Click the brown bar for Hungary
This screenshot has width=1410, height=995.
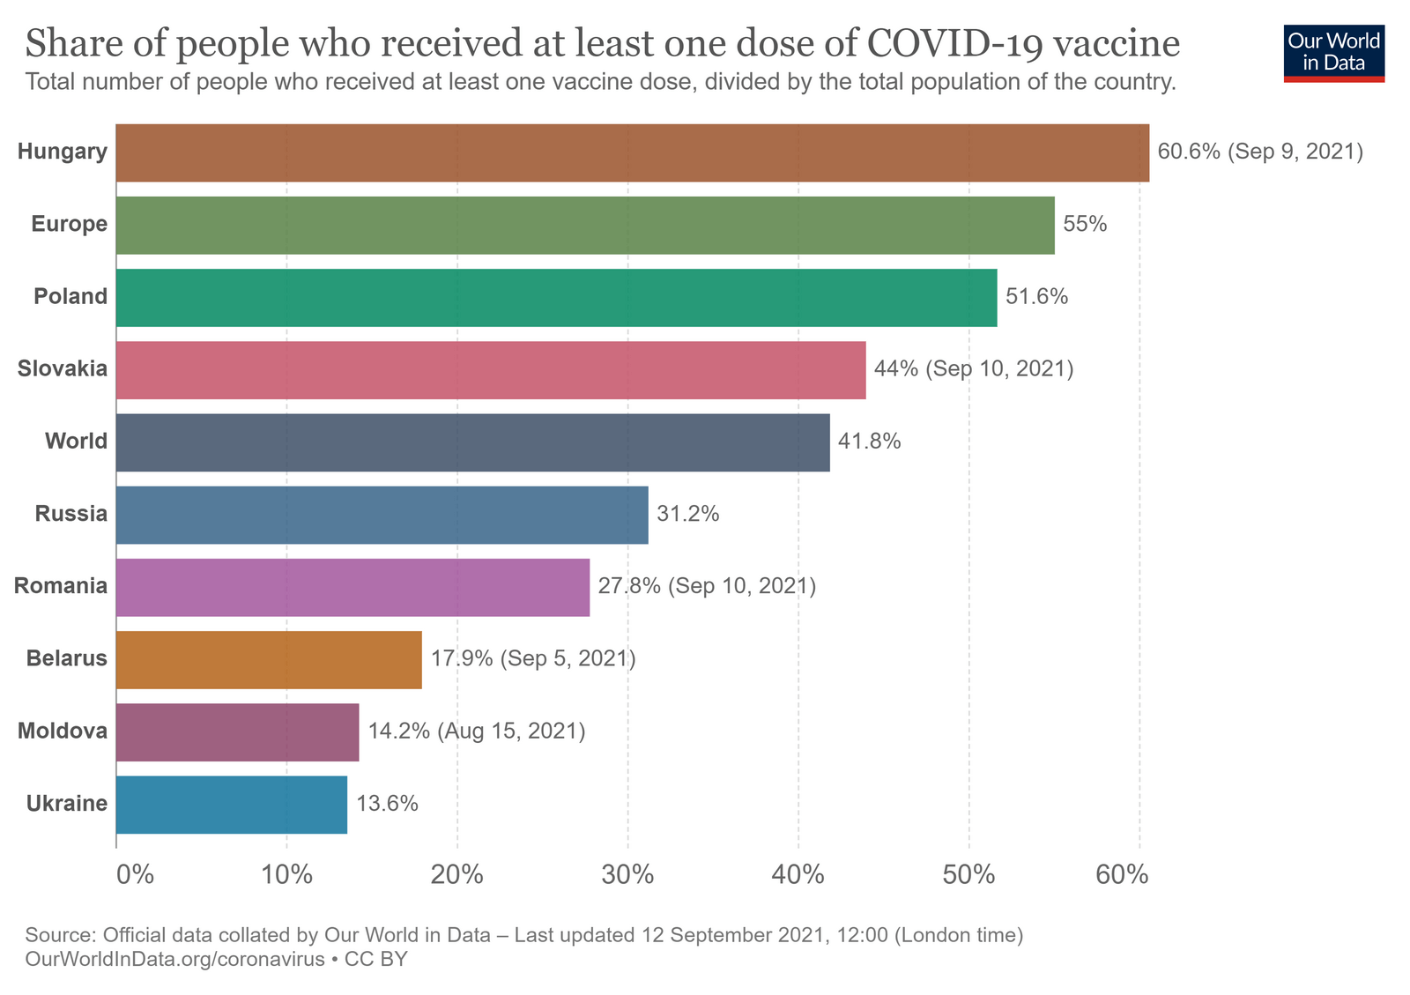tap(632, 153)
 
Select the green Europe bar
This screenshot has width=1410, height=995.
tap(584, 226)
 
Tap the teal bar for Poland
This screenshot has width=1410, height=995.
tap(556, 298)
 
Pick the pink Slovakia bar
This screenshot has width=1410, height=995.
tap(490, 370)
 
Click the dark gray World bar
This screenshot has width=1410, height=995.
tap(472, 442)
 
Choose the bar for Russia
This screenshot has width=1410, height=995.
tap(382, 515)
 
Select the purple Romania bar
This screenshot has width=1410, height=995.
tap(352, 587)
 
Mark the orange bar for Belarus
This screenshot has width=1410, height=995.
tap(269, 659)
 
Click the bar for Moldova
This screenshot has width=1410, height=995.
tap(237, 731)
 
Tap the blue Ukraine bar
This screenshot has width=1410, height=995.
tap(231, 805)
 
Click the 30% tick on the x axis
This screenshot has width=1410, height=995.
tap(627, 875)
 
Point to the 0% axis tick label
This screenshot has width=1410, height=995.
tap(136, 875)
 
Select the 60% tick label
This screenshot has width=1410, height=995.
tap(1122, 875)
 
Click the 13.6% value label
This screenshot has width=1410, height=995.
tap(387, 804)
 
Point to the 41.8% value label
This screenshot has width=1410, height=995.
tap(869, 442)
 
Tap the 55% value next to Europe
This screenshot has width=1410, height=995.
tap(1084, 224)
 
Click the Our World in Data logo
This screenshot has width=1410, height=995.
tap(1333, 52)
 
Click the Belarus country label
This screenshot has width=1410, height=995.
tap(67, 658)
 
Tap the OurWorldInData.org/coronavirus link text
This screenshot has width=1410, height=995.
tap(175, 959)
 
